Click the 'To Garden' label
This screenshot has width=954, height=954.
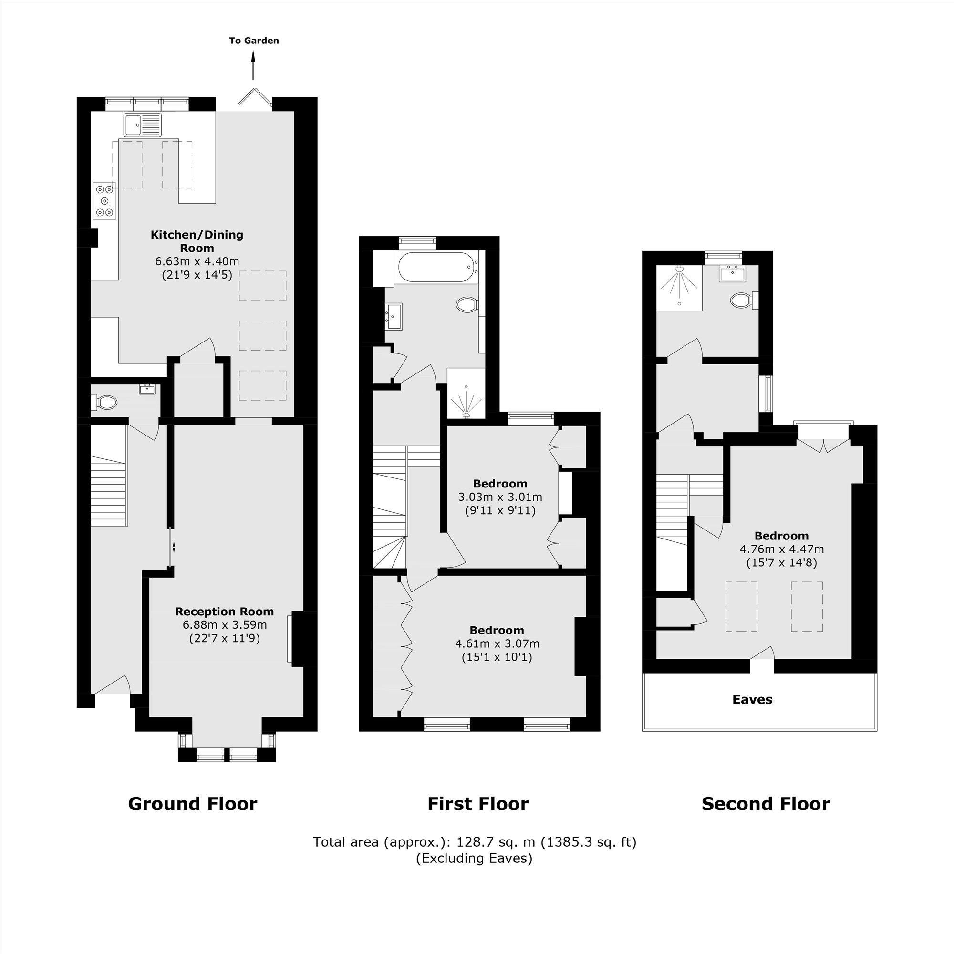pyautogui.click(x=254, y=41)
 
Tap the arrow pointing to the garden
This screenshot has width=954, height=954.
pyautogui.click(x=253, y=67)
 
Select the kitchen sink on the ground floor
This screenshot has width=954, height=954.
pyautogui.click(x=143, y=125)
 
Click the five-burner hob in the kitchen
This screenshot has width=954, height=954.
pyautogui.click(x=104, y=200)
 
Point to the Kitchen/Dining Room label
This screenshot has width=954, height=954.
pyautogui.click(x=197, y=241)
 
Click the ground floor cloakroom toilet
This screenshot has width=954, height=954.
pyautogui.click(x=105, y=403)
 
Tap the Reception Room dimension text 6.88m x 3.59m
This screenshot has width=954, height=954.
pyautogui.click(x=225, y=625)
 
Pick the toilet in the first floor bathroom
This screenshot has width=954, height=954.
pyautogui.click(x=467, y=304)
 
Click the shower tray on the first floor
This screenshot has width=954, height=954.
pyautogui.click(x=466, y=393)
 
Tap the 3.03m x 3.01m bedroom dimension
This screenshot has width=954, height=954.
pyautogui.click(x=500, y=497)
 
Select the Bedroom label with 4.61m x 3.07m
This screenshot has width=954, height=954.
pyautogui.click(x=496, y=631)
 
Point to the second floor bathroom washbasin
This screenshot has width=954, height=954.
pyautogui.click(x=732, y=273)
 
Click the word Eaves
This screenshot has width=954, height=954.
pyautogui.click(x=752, y=700)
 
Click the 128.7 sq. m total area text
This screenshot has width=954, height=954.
pyautogui.click(x=474, y=842)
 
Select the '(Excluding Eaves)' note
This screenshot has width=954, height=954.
pyautogui.click(x=474, y=858)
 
